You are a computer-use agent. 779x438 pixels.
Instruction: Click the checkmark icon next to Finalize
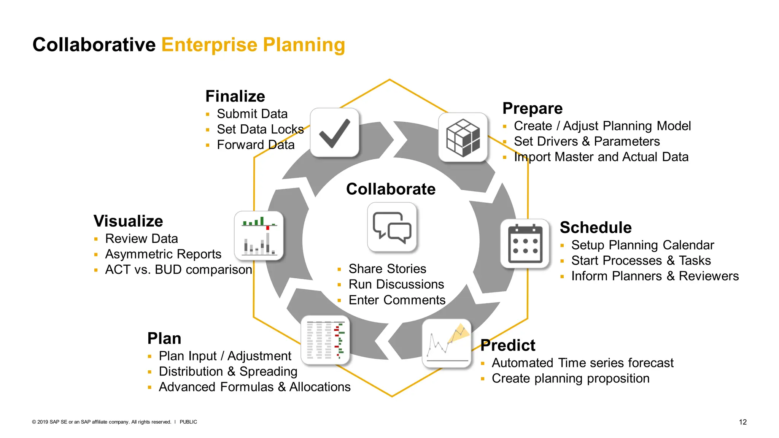(334, 133)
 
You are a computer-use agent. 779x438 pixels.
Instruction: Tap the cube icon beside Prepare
(463, 137)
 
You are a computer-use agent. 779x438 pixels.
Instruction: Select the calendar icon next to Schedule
(525, 244)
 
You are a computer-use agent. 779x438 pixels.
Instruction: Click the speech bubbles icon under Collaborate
(392, 227)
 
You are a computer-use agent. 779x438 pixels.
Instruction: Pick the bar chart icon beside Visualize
(259, 236)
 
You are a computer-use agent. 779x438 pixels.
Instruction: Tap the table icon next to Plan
(325, 340)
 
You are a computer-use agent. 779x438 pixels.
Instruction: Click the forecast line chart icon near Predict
(447, 343)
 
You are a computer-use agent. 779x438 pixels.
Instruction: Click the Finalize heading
(235, 96)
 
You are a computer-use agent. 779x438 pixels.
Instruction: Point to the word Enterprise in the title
(210, 44)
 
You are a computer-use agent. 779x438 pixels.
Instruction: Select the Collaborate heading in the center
(391, 189)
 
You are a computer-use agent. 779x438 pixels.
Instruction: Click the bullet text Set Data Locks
(260, 129)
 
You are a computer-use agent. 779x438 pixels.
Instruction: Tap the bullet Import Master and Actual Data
(601, 157)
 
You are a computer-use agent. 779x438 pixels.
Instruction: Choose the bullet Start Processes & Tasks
(641, 260)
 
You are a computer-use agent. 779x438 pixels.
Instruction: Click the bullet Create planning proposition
(571, 378)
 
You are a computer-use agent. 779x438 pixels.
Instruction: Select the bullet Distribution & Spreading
(228, 371)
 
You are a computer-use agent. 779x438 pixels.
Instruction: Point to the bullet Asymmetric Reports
(163, 254)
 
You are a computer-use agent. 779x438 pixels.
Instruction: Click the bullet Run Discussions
(396, 284)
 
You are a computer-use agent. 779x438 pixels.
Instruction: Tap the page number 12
(742, 422)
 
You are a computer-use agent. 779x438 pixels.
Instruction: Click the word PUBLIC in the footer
(188, 422)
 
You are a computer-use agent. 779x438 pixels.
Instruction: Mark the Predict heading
(507, 345)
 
